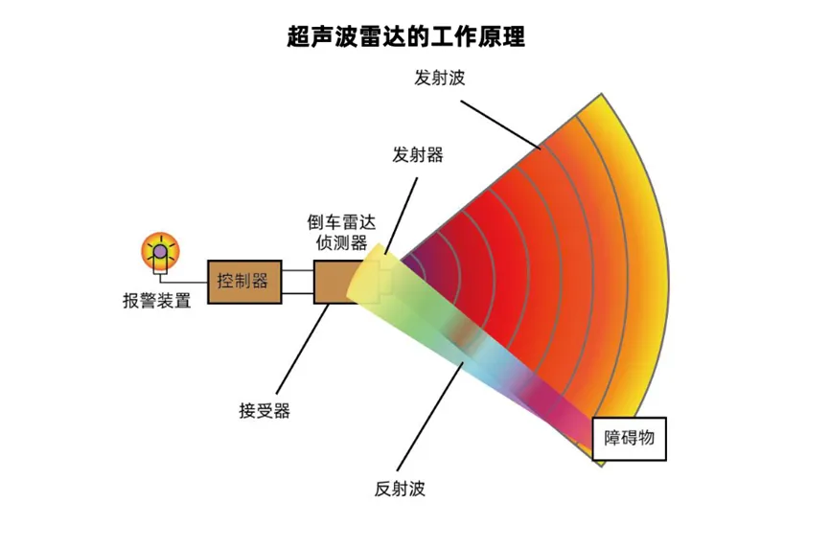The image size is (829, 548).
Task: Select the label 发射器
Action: pyautogui.click(x=418, y=155)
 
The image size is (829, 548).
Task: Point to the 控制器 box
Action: pyautogui.click(x=244, y=282)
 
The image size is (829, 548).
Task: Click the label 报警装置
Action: pyautogui.click(x=156, y=300)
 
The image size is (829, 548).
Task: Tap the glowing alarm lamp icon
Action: pyautogui.click(x=159, y=253)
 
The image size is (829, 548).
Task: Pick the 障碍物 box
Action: pyautogui.click(x=629, y=438)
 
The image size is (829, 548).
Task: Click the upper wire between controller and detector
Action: pyautogui.click(x=297, y=271)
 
